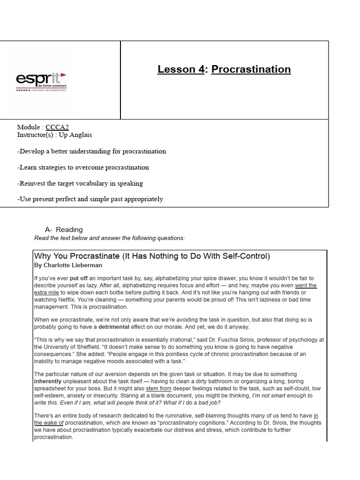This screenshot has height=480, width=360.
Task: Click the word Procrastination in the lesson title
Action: pyautogui.click(x=251, y=69)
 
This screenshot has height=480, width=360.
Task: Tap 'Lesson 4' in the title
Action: pyautogui.click(x=181, y=69)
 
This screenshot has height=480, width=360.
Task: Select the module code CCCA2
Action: pyautogui.click(x=57, y=127)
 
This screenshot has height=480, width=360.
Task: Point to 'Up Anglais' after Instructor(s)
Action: pyautogui.click(x=75, y=135)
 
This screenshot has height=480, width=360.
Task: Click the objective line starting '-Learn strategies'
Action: pyautogui.click(x=83, y=167)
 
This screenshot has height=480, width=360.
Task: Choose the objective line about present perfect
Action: pyautogui.click(x=90, y=199)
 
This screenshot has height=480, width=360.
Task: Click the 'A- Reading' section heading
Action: pyautogui.click(x=64, y=230)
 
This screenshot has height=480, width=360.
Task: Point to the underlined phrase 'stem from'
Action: pyautogui.click(x=158, y=388)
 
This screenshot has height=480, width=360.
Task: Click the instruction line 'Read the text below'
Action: pyautogui.click(x=110, y=238)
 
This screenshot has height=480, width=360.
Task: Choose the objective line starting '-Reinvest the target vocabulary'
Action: pyautogui.click(x=80, y=183)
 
